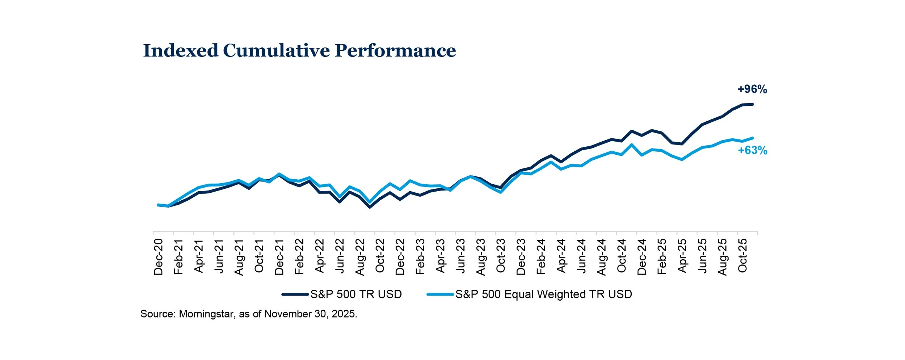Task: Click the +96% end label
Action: pyautogui.click(x=752, y=89)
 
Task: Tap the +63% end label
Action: pyautogui.click(x=753, y=150)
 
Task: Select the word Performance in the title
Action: pyautogui.click(x=395, y=50)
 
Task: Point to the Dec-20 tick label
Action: pyautogui.click(x=159, y=257)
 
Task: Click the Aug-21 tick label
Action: pyautogui.click(x=239, y=257)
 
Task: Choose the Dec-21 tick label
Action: pyautogui.click(x=279, y=257)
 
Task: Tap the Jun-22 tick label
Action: pyautogui.click(x=340, y=257)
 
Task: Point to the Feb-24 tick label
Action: pyautogui.click(x=541, y=256)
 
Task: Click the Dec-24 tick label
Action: pyautogui.click(x=641, y=257)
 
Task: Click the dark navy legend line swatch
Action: pyautogui.click(x=295, y=294)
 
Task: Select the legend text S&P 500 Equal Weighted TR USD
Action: pyautogui.click(x=543, y=294)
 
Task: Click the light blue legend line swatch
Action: pyautogui.click(x=440, y=294)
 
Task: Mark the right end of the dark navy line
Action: pyautogui.click(x=753, y=104)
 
